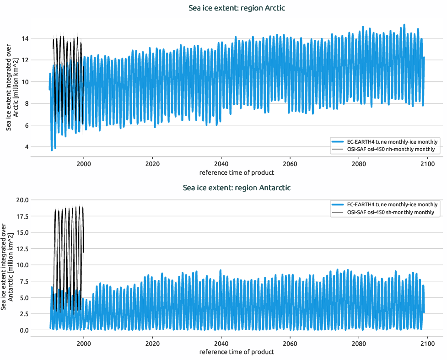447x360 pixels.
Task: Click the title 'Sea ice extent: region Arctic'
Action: [237, 8]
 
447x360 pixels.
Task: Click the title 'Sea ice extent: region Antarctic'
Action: [237, 188]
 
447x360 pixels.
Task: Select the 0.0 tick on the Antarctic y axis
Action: [23, 330]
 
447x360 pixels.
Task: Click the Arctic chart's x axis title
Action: [237, 172]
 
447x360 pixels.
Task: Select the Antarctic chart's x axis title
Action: [237, 352]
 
